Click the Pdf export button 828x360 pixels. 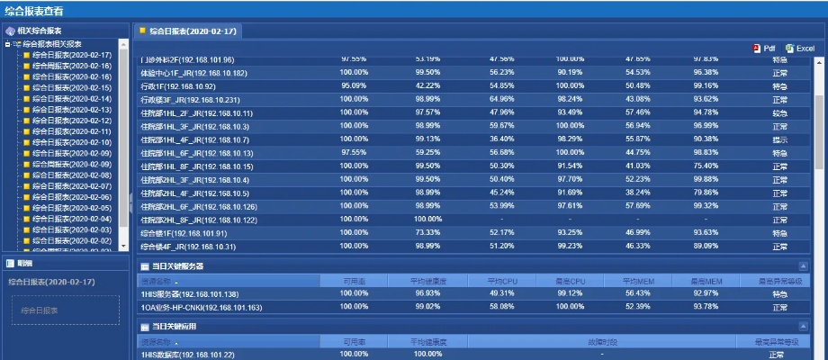764,49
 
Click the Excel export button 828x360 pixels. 799,49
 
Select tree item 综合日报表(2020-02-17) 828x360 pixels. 71,55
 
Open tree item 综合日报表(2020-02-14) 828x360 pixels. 71,99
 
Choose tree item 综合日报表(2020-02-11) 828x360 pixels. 71,131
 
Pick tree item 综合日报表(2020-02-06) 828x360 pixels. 71,197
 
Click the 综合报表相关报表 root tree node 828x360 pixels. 51,44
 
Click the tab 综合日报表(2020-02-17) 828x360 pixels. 192,31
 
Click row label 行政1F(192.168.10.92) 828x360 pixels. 178,86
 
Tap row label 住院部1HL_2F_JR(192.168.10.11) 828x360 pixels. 196,113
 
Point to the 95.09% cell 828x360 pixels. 354,85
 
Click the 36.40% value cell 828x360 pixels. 501,139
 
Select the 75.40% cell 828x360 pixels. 706,166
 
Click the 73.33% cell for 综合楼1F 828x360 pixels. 427,233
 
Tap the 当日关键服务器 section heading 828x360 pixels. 177,266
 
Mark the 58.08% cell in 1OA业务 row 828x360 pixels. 501,307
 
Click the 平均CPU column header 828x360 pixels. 501,281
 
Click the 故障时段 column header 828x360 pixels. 602,342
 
